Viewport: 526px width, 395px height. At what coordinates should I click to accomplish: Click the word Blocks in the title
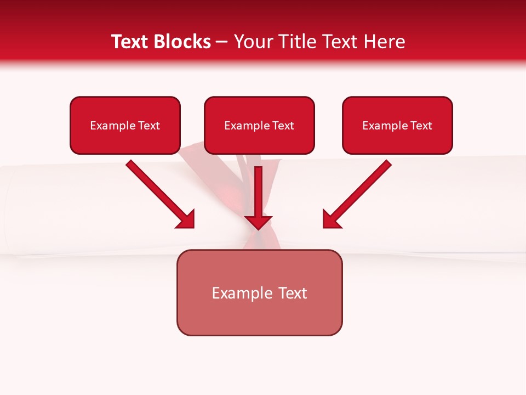click(182, 42)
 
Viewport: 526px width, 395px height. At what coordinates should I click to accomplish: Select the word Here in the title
click(384, 42)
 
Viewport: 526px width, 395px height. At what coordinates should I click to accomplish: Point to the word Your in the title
click(253, 42)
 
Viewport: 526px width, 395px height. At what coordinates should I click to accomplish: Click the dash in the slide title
click(222, 42)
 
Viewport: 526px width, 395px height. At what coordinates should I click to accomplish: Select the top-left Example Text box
click(125, 125)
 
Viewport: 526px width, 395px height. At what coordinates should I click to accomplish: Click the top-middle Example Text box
click(259, 125)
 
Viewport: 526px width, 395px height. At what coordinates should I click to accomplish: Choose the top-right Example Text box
click(397, 125)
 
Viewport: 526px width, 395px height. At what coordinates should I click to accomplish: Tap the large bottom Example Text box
click(259, 292)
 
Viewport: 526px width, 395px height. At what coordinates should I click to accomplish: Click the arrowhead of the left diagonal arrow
click(186, 219)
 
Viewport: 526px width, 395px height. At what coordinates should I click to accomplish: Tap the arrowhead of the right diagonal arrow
click(331, 219)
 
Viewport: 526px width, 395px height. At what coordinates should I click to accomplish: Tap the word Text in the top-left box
click(148, 126)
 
